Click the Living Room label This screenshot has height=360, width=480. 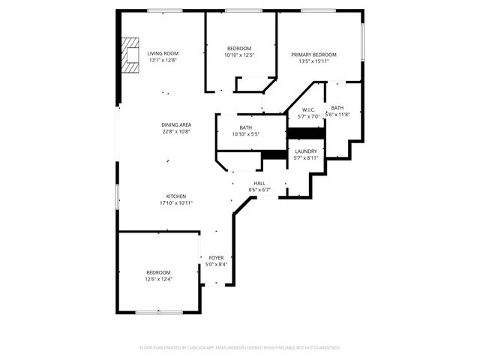tap(163, 53)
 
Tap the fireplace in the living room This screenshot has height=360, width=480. tap(132, 55)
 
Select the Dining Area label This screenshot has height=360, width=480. tap(176, 124)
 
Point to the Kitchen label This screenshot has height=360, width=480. tap(176, 196)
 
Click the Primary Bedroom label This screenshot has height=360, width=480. tap(313, 55)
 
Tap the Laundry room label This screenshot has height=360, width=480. tap(306, 151)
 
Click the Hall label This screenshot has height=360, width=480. tap(259, 183)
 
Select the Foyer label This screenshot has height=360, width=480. tap(216, 257)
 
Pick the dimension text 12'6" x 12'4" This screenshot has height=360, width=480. tap(158, 279)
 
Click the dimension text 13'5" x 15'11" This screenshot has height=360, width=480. tap(313, 61)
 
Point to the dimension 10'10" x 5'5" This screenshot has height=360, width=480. tap(245, 135)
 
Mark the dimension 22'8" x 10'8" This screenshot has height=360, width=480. tap(176, 131)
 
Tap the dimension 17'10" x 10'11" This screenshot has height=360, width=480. tap(176, 203)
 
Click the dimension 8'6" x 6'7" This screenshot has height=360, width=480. tap(259, 190)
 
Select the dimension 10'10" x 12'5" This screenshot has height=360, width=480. tap(239, 55)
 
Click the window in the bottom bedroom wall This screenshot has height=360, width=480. tap(157, 311)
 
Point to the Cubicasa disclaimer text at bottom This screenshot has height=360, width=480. tap(240, 347)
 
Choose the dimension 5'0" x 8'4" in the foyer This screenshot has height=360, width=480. tap(216, 264)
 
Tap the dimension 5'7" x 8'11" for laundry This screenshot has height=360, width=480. tap(306, 158)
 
